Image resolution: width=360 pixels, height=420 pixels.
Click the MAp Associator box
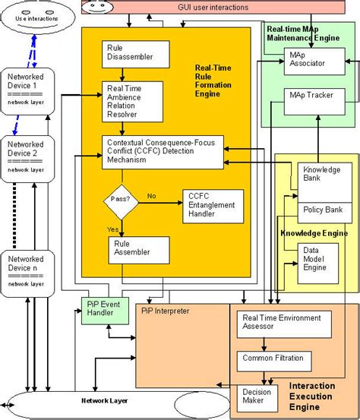[312, 62]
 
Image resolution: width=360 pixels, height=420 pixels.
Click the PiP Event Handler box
[106, 311]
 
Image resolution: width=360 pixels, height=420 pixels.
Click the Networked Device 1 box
[28, 89]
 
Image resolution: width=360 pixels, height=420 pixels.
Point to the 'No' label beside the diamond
[151, 195]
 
